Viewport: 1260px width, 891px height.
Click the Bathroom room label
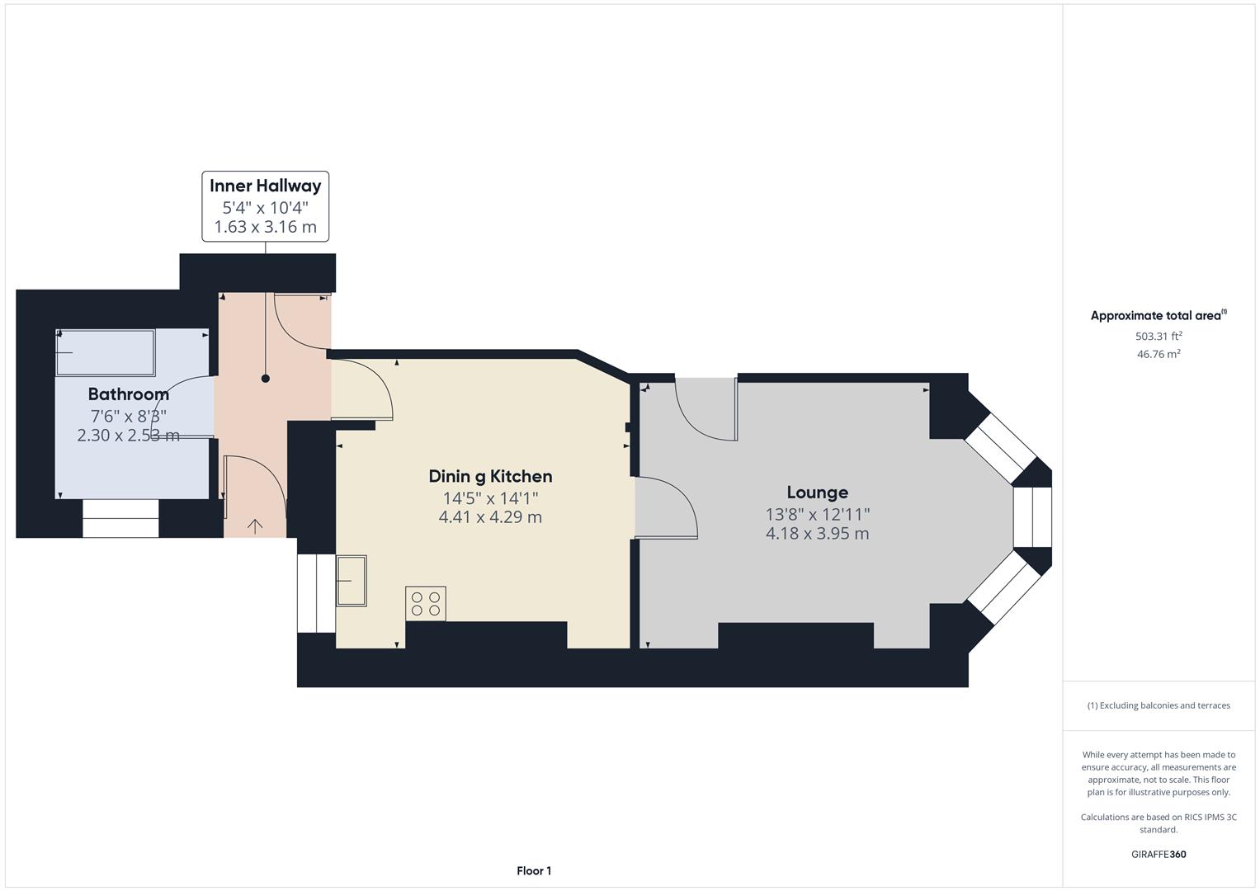point(129,394)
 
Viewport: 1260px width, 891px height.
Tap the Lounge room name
point(817,493)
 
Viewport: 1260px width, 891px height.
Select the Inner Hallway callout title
point(265,186)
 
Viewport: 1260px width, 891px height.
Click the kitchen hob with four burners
point(426,604)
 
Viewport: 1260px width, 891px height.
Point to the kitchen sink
point(351,581)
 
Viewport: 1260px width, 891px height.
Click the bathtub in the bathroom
point(105,353)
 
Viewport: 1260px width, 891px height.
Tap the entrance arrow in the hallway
point(255,526)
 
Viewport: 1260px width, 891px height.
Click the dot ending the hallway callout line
point(266,379)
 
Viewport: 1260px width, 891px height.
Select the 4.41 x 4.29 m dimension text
point(490,517)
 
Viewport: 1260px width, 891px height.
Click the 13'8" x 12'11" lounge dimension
point(817,514)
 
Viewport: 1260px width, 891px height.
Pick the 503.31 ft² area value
point(1159,336)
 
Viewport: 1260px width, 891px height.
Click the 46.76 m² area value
point(1159,354)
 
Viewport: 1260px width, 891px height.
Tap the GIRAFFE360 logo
point(1159,854)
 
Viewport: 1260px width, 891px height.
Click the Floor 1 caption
point(534,870)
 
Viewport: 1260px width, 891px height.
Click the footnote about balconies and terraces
point(1159,705)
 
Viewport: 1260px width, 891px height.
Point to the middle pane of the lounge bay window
point(1032,517)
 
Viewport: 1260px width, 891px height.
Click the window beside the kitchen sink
point(316,593)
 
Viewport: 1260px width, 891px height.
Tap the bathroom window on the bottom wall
point(120,519)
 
